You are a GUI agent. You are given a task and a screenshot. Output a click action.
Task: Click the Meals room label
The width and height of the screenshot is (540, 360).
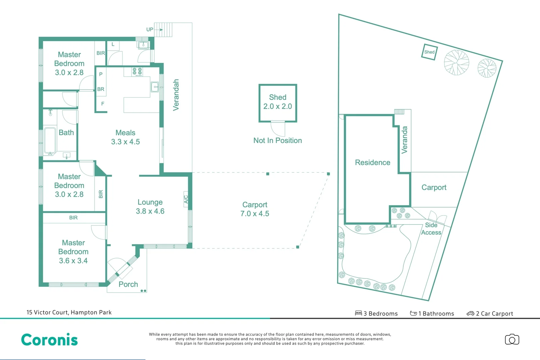tap(125, 133)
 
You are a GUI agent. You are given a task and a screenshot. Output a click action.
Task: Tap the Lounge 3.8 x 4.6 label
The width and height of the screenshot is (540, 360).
tap(150, 206)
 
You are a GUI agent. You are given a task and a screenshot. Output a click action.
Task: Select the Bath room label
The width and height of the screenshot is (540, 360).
tap(66, 133)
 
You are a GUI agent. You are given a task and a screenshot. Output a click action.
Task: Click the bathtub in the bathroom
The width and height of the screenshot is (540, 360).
tap(50, 141)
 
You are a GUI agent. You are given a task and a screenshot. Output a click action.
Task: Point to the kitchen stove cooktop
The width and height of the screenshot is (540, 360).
tap(137, 72)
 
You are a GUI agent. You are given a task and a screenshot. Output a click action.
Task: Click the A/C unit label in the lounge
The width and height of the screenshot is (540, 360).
tap(186, 199)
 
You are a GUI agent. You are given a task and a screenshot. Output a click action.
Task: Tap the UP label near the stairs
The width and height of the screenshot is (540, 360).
tap(150, 30)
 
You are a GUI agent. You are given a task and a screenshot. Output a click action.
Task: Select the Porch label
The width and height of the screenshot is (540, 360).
tap(128, 284)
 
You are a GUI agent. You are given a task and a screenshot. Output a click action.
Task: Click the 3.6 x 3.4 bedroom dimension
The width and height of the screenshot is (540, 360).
tap(73, 261)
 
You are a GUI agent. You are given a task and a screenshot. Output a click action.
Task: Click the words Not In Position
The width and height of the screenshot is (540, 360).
tap(277, 141)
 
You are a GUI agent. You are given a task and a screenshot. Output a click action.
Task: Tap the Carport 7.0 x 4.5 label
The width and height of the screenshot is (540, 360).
tap(255, 209)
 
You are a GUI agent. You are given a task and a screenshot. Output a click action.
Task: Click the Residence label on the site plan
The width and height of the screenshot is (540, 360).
tap(372, 163)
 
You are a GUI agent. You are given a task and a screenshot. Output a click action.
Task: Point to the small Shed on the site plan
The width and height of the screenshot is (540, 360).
tap(429, 52)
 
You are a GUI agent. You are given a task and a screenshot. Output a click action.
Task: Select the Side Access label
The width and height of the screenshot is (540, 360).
tap(431, 229)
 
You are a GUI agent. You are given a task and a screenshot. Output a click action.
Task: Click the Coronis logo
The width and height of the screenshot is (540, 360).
tap(49, 340)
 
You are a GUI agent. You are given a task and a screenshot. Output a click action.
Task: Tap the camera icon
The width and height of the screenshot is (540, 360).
tap(512, 339)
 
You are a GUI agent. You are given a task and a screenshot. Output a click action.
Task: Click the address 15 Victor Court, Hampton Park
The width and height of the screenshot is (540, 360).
tap(69, 312)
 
